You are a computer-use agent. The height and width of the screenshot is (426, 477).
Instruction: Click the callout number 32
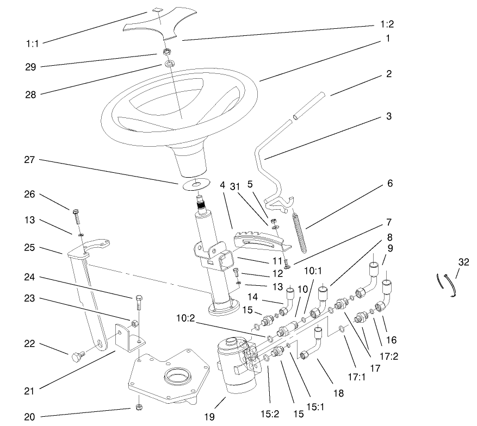463,261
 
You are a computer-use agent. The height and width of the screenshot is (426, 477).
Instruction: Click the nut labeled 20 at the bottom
138,408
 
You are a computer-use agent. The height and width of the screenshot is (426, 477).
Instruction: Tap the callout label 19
209,417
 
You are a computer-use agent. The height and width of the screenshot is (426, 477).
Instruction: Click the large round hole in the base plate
177,374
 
